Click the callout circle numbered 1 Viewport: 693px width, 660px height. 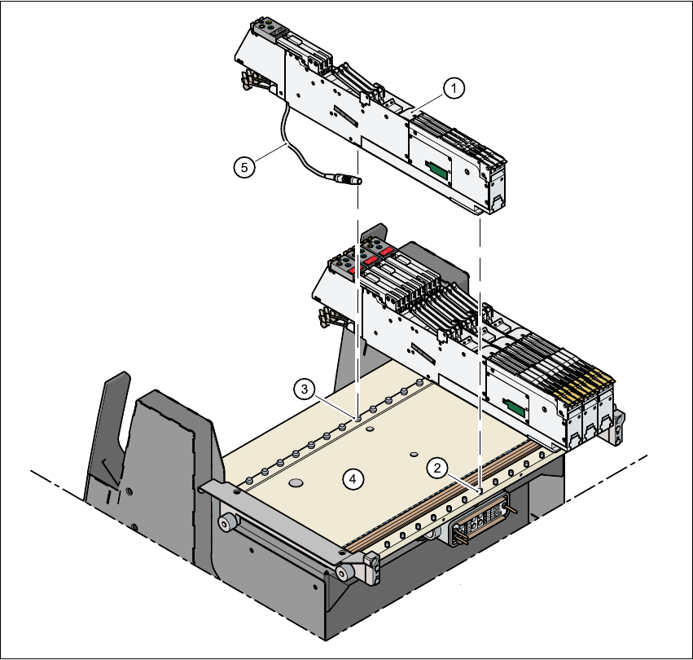click(454, 88)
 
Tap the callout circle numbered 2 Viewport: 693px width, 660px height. click(437, 468)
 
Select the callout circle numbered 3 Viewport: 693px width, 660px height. click(304, 389)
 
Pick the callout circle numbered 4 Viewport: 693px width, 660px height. click(353, 478)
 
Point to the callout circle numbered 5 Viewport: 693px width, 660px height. click(244, 167)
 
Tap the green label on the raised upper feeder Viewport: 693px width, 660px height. click(437, 169)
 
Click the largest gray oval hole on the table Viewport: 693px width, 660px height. click(296, 482)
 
